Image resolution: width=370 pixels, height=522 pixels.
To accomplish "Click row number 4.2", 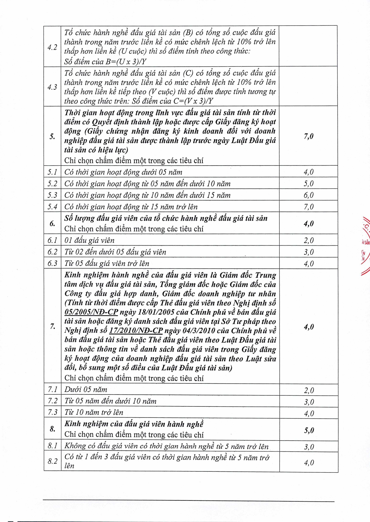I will pyautogui.click(x=52, y=47).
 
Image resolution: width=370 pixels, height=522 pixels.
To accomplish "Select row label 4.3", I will pyautogui.click(x=52, y=87).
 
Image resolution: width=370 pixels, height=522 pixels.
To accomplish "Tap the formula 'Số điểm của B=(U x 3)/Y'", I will pyautogui.click(x=105, y=62).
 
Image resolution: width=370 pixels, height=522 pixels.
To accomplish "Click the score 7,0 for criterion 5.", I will pyautogui.click(x=309, y=136).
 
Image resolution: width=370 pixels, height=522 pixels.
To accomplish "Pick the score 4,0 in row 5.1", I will pyautogui.click(x=309, y=172).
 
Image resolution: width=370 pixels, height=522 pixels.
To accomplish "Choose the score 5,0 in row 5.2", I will pyautogui.click(x=309, y=183).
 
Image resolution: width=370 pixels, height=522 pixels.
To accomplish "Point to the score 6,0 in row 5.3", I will pyautogui.click(x=309, y=195).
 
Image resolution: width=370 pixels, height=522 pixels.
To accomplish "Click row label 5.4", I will pyautogui.click(x=52, y=207).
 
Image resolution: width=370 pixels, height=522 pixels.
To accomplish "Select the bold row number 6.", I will pyautogui.click(x=52, y=224).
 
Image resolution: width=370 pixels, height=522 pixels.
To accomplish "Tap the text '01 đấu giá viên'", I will pyautogui.click(x=89, y=240).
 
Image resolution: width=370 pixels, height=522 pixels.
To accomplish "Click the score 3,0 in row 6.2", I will pyautogui.click(x=309, y=252).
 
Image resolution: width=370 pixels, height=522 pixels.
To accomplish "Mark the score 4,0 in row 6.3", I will pyautogui.click(x=309, y=264).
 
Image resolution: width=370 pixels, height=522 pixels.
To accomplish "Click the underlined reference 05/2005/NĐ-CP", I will pyautogui.click(x=91, y=312).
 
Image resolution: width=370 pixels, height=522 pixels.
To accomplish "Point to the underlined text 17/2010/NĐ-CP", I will pyautogui.click(x=136, y=330).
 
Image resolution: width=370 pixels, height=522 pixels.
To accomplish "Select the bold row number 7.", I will pyautogui.click(x=53, y=326).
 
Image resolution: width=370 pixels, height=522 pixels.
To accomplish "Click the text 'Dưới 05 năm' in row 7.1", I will pyautogui.click(x=86, y=390).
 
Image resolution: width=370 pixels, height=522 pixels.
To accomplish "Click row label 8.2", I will pyautogui.click(x=53, y=461).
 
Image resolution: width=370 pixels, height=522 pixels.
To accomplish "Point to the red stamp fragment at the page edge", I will pyautogui.click(x=365, y=245).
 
